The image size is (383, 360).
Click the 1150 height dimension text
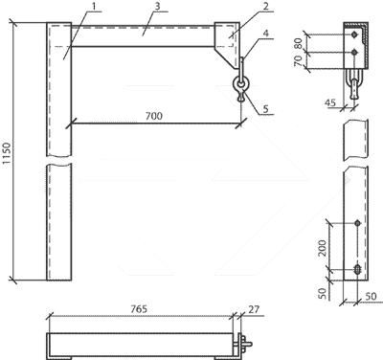pyautogui.click(x=7, y=154)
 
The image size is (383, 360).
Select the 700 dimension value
pyautogui.click(x=154, y=116)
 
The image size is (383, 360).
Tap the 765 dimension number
pyautogui.click(x=139, y=308)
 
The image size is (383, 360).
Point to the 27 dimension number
pyautogui.click(x=254, y=308)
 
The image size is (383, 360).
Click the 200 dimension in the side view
pyautogui.click(x=323, y=248)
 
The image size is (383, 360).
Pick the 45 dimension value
pyautogui.click(x=330, y=102)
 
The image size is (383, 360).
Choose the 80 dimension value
pyautogui.click(x=298, y=42)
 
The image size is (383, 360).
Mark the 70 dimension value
pyautogui.click(x=298, y=60)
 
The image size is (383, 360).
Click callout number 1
pyautogui.click(x=95, y=7)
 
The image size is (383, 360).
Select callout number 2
pyautogui.click(x=266, y=6)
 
